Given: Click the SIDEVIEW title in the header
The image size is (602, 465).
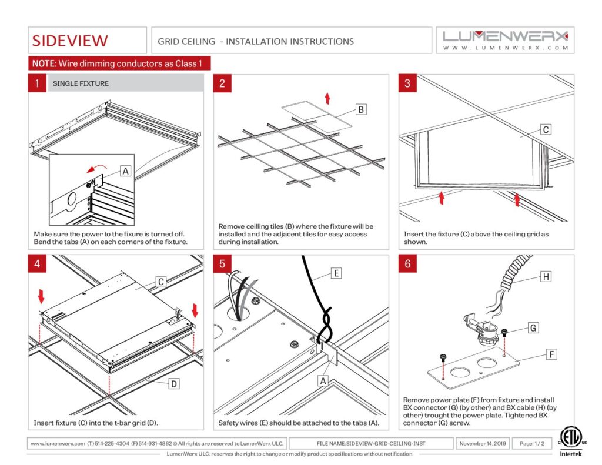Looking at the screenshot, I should [x=70, y=41].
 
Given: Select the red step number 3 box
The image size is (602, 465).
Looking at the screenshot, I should [x=407, y=83].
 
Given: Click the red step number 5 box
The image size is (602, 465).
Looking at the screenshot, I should [x=222, y=264].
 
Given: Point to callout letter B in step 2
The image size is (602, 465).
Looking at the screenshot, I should [x=362, y=109].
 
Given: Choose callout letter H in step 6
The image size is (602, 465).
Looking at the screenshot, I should [x=545, y=276].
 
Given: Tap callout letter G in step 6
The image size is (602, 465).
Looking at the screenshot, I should [x=533, y=328].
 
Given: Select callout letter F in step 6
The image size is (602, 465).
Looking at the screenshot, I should [x=551, y=354].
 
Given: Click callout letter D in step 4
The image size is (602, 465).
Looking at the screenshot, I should [x=174, y=384].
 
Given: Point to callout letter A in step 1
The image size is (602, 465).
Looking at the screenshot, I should [x=125, y=171].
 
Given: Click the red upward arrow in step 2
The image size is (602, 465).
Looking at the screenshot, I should [x=327, y=98].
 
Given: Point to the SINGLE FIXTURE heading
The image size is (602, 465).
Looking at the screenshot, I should [x=81, y=83].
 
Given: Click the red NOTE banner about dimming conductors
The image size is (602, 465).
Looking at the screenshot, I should [x=119, y=63].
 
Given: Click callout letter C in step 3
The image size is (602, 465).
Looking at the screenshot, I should [x=545, y=130].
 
